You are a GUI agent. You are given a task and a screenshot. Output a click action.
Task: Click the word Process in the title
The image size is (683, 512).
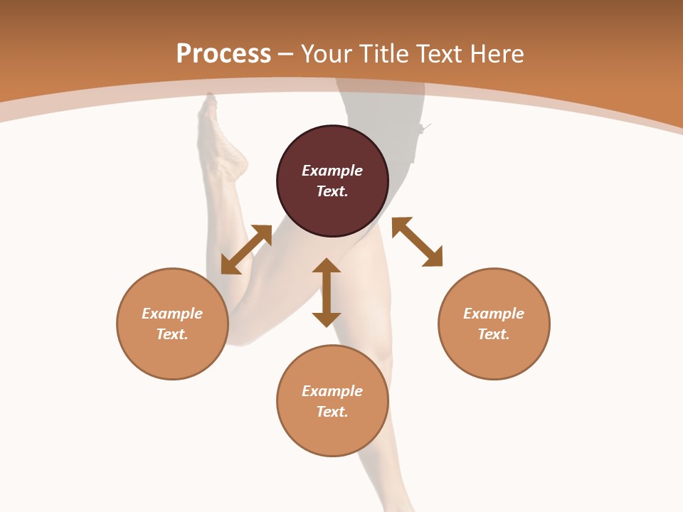pyautogui.click(x=223, y=54)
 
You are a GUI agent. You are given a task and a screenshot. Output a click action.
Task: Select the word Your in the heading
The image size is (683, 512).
pyautogui.click(x=328, y=54)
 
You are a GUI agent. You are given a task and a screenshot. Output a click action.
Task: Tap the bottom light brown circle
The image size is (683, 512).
pyautogui.click(x=332, y=434)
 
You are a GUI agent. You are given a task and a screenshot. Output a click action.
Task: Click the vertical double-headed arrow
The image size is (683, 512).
pyautogui.click(x=327, y=292)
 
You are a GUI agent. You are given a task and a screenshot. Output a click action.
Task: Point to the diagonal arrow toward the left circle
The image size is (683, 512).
pyautogui.click(x=246, y=250)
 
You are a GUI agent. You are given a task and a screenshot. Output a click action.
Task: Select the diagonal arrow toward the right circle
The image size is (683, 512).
pyautogui.click(x=417, y=242)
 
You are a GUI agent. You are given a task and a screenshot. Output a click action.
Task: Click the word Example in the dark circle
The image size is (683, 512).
pyautogui.click(x=332, y=171)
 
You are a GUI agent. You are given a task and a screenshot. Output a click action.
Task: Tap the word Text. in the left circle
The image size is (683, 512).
pyautogui.click(x=172, y=334)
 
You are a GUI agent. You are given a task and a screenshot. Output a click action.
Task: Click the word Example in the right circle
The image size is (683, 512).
pyautogui.click(x=494, y=314)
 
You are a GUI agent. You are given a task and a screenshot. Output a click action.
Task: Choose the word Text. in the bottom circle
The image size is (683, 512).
pyautogui.click(x=332, y=412)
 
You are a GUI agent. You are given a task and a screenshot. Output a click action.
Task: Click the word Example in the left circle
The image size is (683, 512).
pyautogui.click(x=172, y=314)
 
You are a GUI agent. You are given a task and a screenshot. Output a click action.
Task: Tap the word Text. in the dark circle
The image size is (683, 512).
pyautogui.click(x=332, y=191)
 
